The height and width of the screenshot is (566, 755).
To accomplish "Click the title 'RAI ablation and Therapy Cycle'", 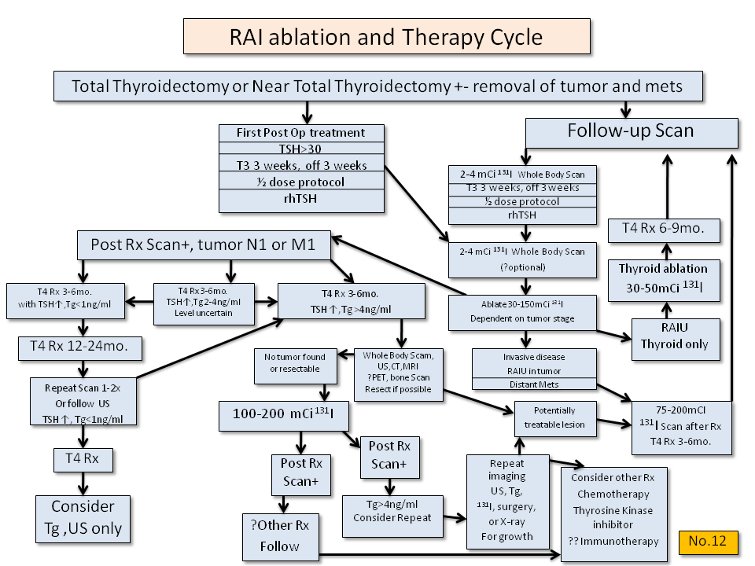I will click(385, 36).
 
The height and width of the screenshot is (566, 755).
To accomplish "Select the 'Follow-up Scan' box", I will click(631, 131).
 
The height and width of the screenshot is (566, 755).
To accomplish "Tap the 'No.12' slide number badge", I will click(707, 542).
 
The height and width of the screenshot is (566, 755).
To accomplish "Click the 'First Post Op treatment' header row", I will click(301, 132).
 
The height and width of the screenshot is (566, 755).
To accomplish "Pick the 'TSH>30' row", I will click(301, 149).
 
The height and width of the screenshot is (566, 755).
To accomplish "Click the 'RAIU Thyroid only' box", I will click(675, 337).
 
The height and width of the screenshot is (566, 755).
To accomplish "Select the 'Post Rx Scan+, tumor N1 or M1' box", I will click(203, 245).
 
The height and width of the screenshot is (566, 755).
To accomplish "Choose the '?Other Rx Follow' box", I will click(282, 537).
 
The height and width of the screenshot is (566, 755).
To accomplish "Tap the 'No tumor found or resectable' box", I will click(295, 362).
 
